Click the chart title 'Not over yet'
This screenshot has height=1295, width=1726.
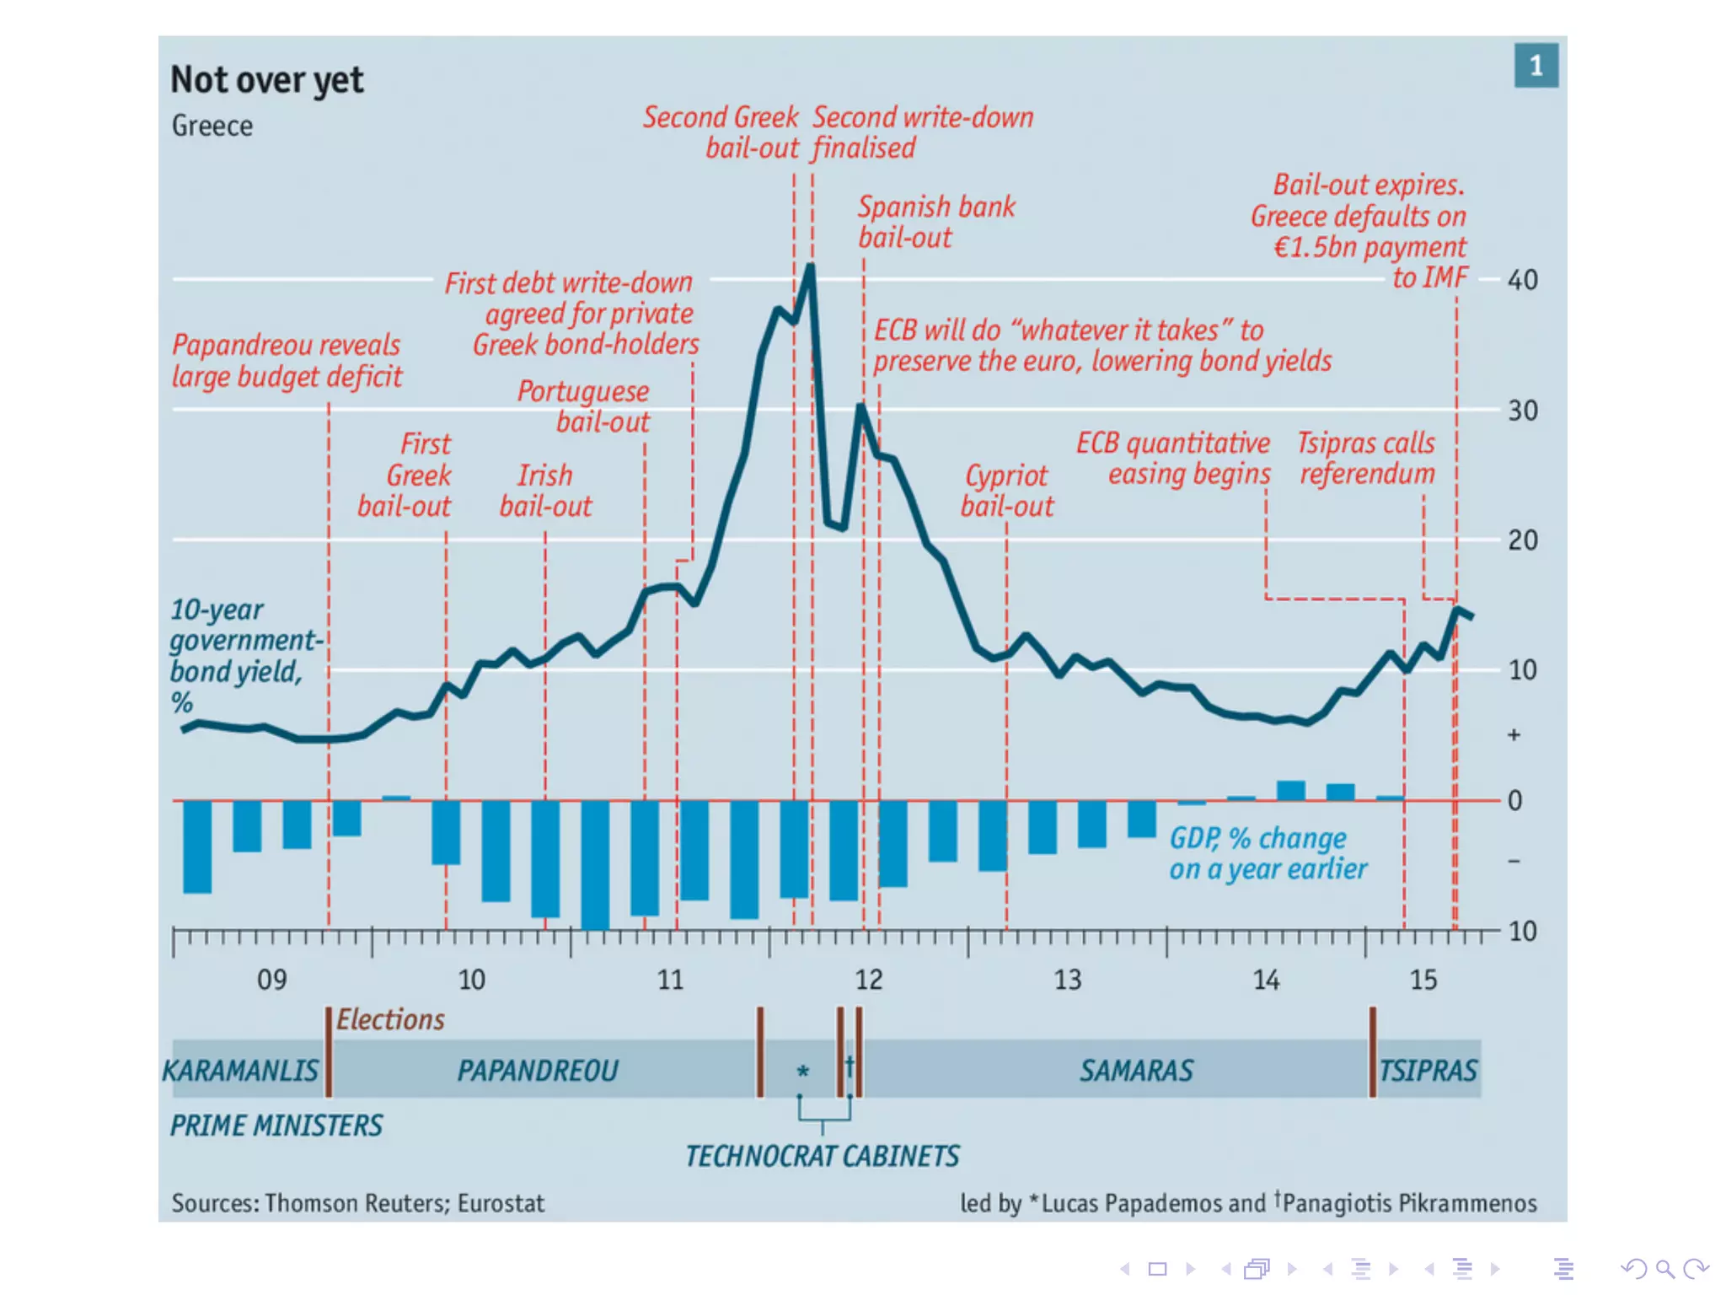[266, 80]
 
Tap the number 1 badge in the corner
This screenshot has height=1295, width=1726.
[1536, 66]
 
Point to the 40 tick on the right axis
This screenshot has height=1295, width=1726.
[1522, 280]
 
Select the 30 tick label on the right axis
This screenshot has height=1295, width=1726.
[1522, 411]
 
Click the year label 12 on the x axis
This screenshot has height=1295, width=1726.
[869, 980]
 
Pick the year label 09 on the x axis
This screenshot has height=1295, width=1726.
[271, 980]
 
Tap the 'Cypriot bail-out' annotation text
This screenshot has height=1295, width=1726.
[1007, 491]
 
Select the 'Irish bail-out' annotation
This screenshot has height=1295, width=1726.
[545, 491]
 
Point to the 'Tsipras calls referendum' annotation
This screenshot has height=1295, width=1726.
[1366, 459]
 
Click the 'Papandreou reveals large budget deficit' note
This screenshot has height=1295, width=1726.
[287, 361]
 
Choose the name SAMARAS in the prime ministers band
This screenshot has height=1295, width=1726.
[1136, 1071]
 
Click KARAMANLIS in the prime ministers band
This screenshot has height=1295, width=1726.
[241, 1071]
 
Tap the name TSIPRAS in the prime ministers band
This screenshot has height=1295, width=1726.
[1428, 1071]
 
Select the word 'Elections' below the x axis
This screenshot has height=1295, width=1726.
[390, 1020]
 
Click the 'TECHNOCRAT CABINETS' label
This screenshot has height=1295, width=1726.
[822, 1156]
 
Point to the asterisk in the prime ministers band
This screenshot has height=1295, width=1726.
[802, 1072]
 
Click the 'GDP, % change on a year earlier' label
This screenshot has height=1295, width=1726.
[1267, 853]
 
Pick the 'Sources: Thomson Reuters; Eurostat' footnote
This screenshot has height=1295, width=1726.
[358, 1203]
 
